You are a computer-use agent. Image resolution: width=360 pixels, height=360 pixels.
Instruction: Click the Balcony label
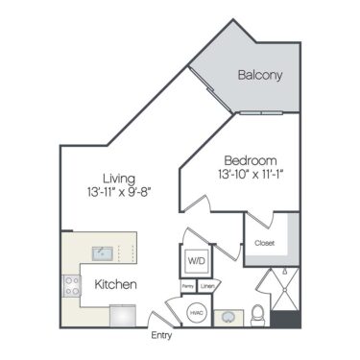click(258, 75)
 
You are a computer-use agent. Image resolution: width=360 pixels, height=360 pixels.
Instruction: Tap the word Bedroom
click(251, 159)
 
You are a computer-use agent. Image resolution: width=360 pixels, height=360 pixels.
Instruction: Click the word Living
click(120, 179)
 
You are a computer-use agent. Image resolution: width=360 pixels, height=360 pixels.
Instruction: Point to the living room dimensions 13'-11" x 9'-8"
click(119, 193)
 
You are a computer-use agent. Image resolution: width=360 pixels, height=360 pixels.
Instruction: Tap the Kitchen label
click(115, 285)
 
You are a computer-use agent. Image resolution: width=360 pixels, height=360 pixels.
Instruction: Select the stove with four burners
click(72, 284)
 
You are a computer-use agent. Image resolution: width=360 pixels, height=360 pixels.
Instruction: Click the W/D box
click(195, 260)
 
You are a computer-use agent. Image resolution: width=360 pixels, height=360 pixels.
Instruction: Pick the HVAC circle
click(196, 312)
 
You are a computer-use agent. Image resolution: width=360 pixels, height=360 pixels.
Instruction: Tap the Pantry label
click(188, 286)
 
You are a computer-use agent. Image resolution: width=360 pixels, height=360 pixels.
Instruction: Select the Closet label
click(264, 243)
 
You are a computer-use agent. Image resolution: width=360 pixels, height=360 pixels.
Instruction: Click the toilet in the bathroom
click(256, 312)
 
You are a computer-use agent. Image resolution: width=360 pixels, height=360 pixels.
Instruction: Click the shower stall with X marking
click(285, 288)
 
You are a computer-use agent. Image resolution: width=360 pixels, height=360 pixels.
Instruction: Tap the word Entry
click(162, 336)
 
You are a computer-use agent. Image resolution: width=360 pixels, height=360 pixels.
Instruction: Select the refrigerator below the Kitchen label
click(124, 315)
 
